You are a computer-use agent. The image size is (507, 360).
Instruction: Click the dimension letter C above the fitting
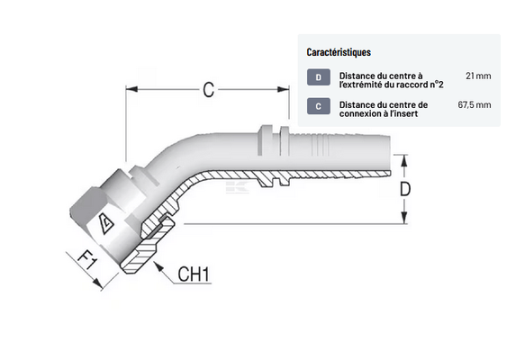(x=209, y=89)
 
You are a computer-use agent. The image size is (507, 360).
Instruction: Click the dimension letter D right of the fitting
(x=405, y=189)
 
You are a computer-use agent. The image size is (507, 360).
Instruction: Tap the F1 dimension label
(x=87, y=260)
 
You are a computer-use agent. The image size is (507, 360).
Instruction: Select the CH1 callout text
(x=194, y=274)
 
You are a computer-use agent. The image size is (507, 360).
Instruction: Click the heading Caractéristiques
(x=339, y=52)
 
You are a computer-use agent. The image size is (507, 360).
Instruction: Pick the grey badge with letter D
(x=319, y=77)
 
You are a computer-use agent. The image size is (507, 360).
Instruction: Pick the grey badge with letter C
(x=319, y=106)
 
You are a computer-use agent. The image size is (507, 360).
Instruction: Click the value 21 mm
(x=478, y=76)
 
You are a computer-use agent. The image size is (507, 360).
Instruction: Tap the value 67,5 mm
(x=475, y=104)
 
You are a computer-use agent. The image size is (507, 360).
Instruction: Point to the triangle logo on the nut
(x=106, y=223)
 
